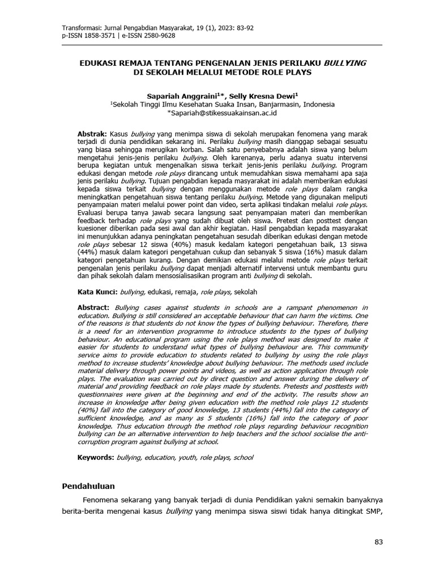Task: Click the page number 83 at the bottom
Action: tap(379, 543)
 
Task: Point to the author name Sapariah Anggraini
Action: tap(174, 96)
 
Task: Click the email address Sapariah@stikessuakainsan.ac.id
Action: tap(221, 113)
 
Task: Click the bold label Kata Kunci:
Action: tap(97, 292)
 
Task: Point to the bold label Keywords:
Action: tap(95, 457)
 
